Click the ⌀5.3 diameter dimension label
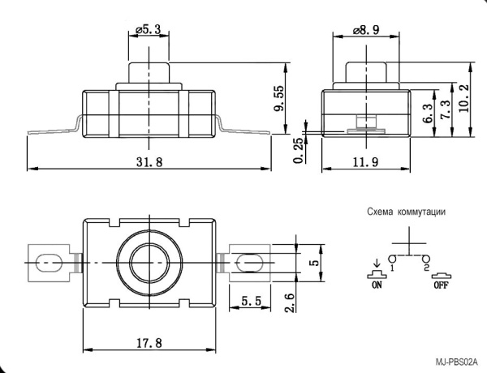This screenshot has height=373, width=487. click(148, 30)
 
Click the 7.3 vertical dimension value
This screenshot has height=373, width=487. click(445, 109)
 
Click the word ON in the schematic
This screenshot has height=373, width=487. click(376, 285)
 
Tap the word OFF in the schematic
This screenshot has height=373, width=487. click(441, 285)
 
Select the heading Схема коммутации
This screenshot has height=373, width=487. click(406, 212)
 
